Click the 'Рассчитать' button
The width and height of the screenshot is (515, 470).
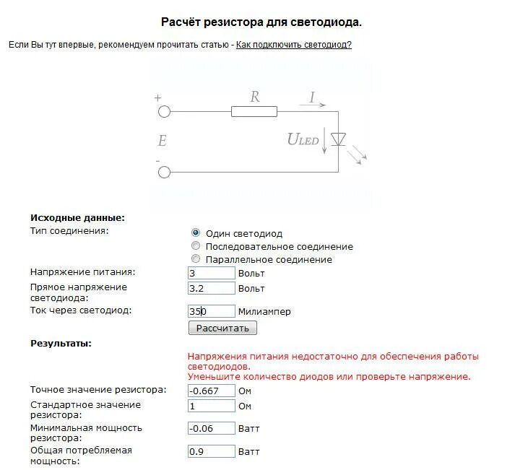pos(222,328)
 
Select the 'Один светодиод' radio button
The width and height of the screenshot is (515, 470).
pos(196,233)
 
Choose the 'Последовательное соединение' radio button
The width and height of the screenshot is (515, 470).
pos(196,246)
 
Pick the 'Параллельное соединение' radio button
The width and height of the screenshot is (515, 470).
pos(196,259)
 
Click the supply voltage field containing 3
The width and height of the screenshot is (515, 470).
pos(211,274)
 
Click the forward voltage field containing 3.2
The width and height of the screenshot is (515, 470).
pos(211,288)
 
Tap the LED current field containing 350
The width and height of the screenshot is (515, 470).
pos(211,311)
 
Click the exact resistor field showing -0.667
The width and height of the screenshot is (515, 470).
pos(211,391)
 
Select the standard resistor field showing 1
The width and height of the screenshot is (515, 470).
pos(211,406)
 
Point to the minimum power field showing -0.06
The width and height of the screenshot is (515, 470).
pos(211,428)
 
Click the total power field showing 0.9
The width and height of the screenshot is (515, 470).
pos(211,451)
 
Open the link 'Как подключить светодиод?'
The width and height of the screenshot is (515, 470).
pos(294,45)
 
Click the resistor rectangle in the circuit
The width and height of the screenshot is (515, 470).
pos(254,111)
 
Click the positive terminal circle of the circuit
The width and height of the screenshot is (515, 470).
pos(164,111)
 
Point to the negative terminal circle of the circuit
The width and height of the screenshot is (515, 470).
pos(164,172)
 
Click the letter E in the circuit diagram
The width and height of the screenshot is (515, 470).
pos(162,142)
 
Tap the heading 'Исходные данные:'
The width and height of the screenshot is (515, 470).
pos(77,217)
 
